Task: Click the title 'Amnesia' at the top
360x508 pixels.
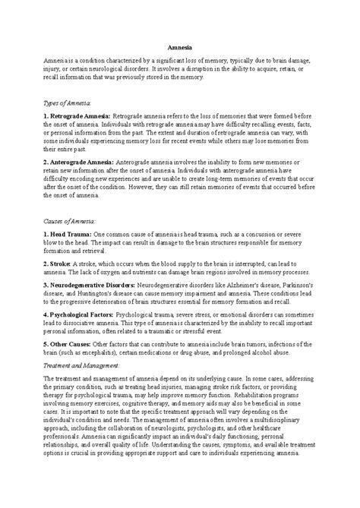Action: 179,46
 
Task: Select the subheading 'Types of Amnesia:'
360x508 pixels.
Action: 68,100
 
